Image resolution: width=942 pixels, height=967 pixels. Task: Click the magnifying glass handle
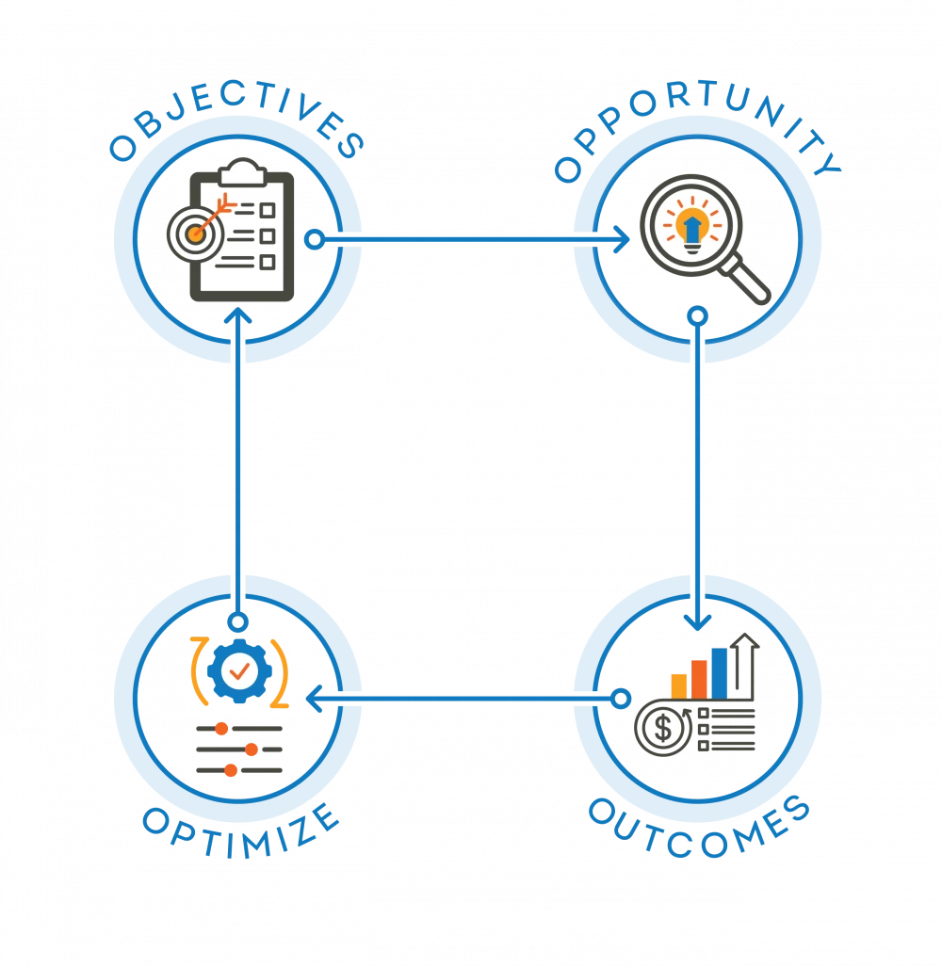(x=750, y=282)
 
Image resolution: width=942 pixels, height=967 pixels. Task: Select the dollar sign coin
(x=664, y=727)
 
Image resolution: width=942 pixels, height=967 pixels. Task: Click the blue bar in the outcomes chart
(x=720, y=672)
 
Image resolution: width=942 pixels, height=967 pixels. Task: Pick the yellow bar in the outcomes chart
(x=679, y=684)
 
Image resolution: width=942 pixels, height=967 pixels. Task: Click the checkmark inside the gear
(x=239, y=670)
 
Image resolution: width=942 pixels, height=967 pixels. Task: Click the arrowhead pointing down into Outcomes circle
(x=697, y=621)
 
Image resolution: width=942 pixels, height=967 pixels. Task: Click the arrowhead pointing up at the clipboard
(x=238, y=319)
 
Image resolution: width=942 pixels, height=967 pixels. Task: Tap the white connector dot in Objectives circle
(x=315, y=240)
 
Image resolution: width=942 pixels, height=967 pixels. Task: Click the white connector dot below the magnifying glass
(x=696, y=315)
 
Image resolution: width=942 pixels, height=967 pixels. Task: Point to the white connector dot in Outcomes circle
(x=620, y=699)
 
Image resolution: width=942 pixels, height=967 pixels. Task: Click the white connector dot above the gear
(x=238, y=622)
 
